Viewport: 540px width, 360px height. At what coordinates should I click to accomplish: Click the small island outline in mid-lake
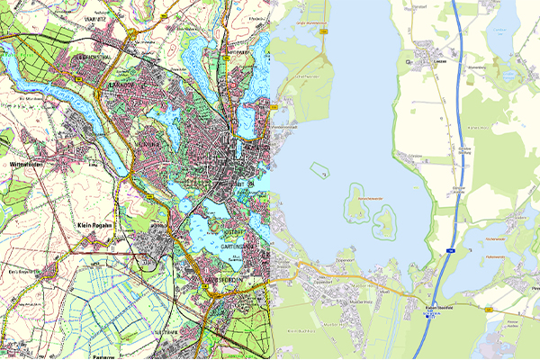pos(318,166)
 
